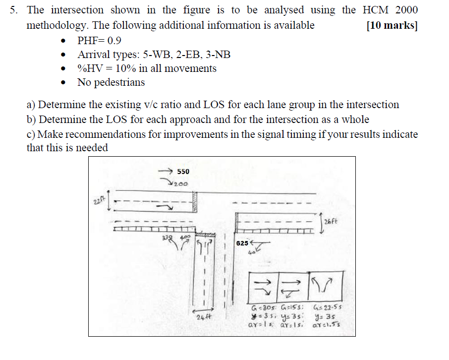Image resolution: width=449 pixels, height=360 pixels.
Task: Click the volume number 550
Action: pyautogui.click(x=183, y=172)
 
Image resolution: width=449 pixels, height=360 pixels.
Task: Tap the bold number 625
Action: pyautogui.click(x=243, y=243)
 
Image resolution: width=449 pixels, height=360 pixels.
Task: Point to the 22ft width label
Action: pyautogui.click(x=96, y=201)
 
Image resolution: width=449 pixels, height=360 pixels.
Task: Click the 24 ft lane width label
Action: pyautogui.click(x=204, y=316)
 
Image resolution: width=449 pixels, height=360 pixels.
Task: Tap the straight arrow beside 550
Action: pyautogui.click(x=165, y=171)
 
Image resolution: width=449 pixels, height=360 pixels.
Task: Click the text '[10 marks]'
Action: pyautogui.click(x=392, y=25)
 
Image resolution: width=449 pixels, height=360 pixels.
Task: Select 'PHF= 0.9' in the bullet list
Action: pyautogui.click(x=100, y=40)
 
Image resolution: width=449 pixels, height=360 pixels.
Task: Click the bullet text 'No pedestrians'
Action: pyautogui.click(x=111, y=82)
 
